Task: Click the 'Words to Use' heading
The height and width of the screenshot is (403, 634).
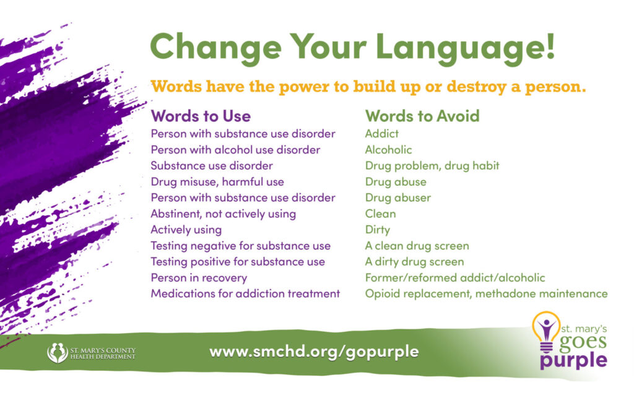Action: pos(201,116)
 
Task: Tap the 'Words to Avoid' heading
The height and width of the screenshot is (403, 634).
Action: pos(422,116)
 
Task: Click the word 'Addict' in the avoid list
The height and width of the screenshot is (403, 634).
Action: pos(381,133)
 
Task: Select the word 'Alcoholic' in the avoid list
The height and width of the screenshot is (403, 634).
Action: pos(388,150)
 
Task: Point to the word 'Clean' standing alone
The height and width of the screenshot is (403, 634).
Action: pos(380,214)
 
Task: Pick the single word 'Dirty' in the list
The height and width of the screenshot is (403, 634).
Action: pos(377,230)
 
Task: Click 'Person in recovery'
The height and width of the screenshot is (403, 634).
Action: pos(199,278)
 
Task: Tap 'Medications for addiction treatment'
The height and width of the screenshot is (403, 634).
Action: pos(245,293)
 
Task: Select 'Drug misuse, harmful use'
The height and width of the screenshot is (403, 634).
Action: pos(217,182)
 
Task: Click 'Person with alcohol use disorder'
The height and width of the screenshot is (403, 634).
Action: pos(235,150)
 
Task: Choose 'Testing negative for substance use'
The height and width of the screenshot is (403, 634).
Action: pos(241,246)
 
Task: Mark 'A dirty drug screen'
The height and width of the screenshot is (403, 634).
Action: pos(414,262)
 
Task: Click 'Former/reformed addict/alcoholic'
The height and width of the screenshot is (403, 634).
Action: pos(455,278)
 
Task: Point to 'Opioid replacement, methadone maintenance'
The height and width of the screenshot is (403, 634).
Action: pos(487,293)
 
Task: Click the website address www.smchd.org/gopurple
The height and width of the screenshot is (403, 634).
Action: pos(314,352)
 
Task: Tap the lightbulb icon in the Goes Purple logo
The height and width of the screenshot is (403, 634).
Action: pos(546,331)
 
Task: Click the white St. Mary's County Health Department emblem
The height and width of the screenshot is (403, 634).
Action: pos(58,352)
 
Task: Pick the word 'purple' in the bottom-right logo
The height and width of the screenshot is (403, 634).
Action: pos(573,360)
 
